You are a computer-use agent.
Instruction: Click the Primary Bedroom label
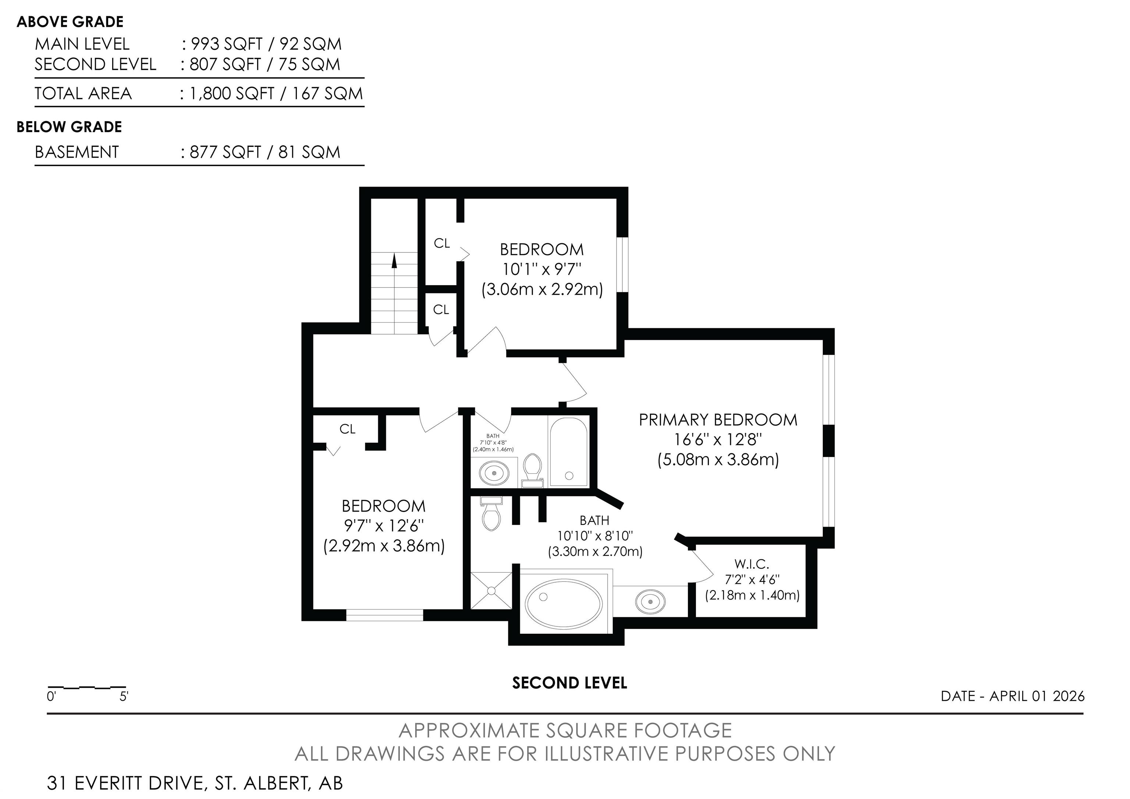click(x=718, y=420)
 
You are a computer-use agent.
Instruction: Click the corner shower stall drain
click(x=491, y=590)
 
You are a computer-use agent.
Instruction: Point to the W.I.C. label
click(x=751, y=564)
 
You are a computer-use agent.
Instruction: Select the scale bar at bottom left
click(x=86, y=687)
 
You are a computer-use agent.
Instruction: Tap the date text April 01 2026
click(x=1037, y=696)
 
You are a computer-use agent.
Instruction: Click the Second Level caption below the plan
click(x=569, y=683)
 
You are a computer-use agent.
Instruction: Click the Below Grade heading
click(x=70, y=127)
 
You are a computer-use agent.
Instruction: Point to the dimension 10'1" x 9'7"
click(x=542, y=269)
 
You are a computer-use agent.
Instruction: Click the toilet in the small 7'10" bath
click(x=532, y=470)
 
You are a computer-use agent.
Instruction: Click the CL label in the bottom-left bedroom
click(x=348, y=429)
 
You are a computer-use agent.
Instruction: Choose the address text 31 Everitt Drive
click(x=125, y=783)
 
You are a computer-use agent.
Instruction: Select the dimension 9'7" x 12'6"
click(x=384, y=526)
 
